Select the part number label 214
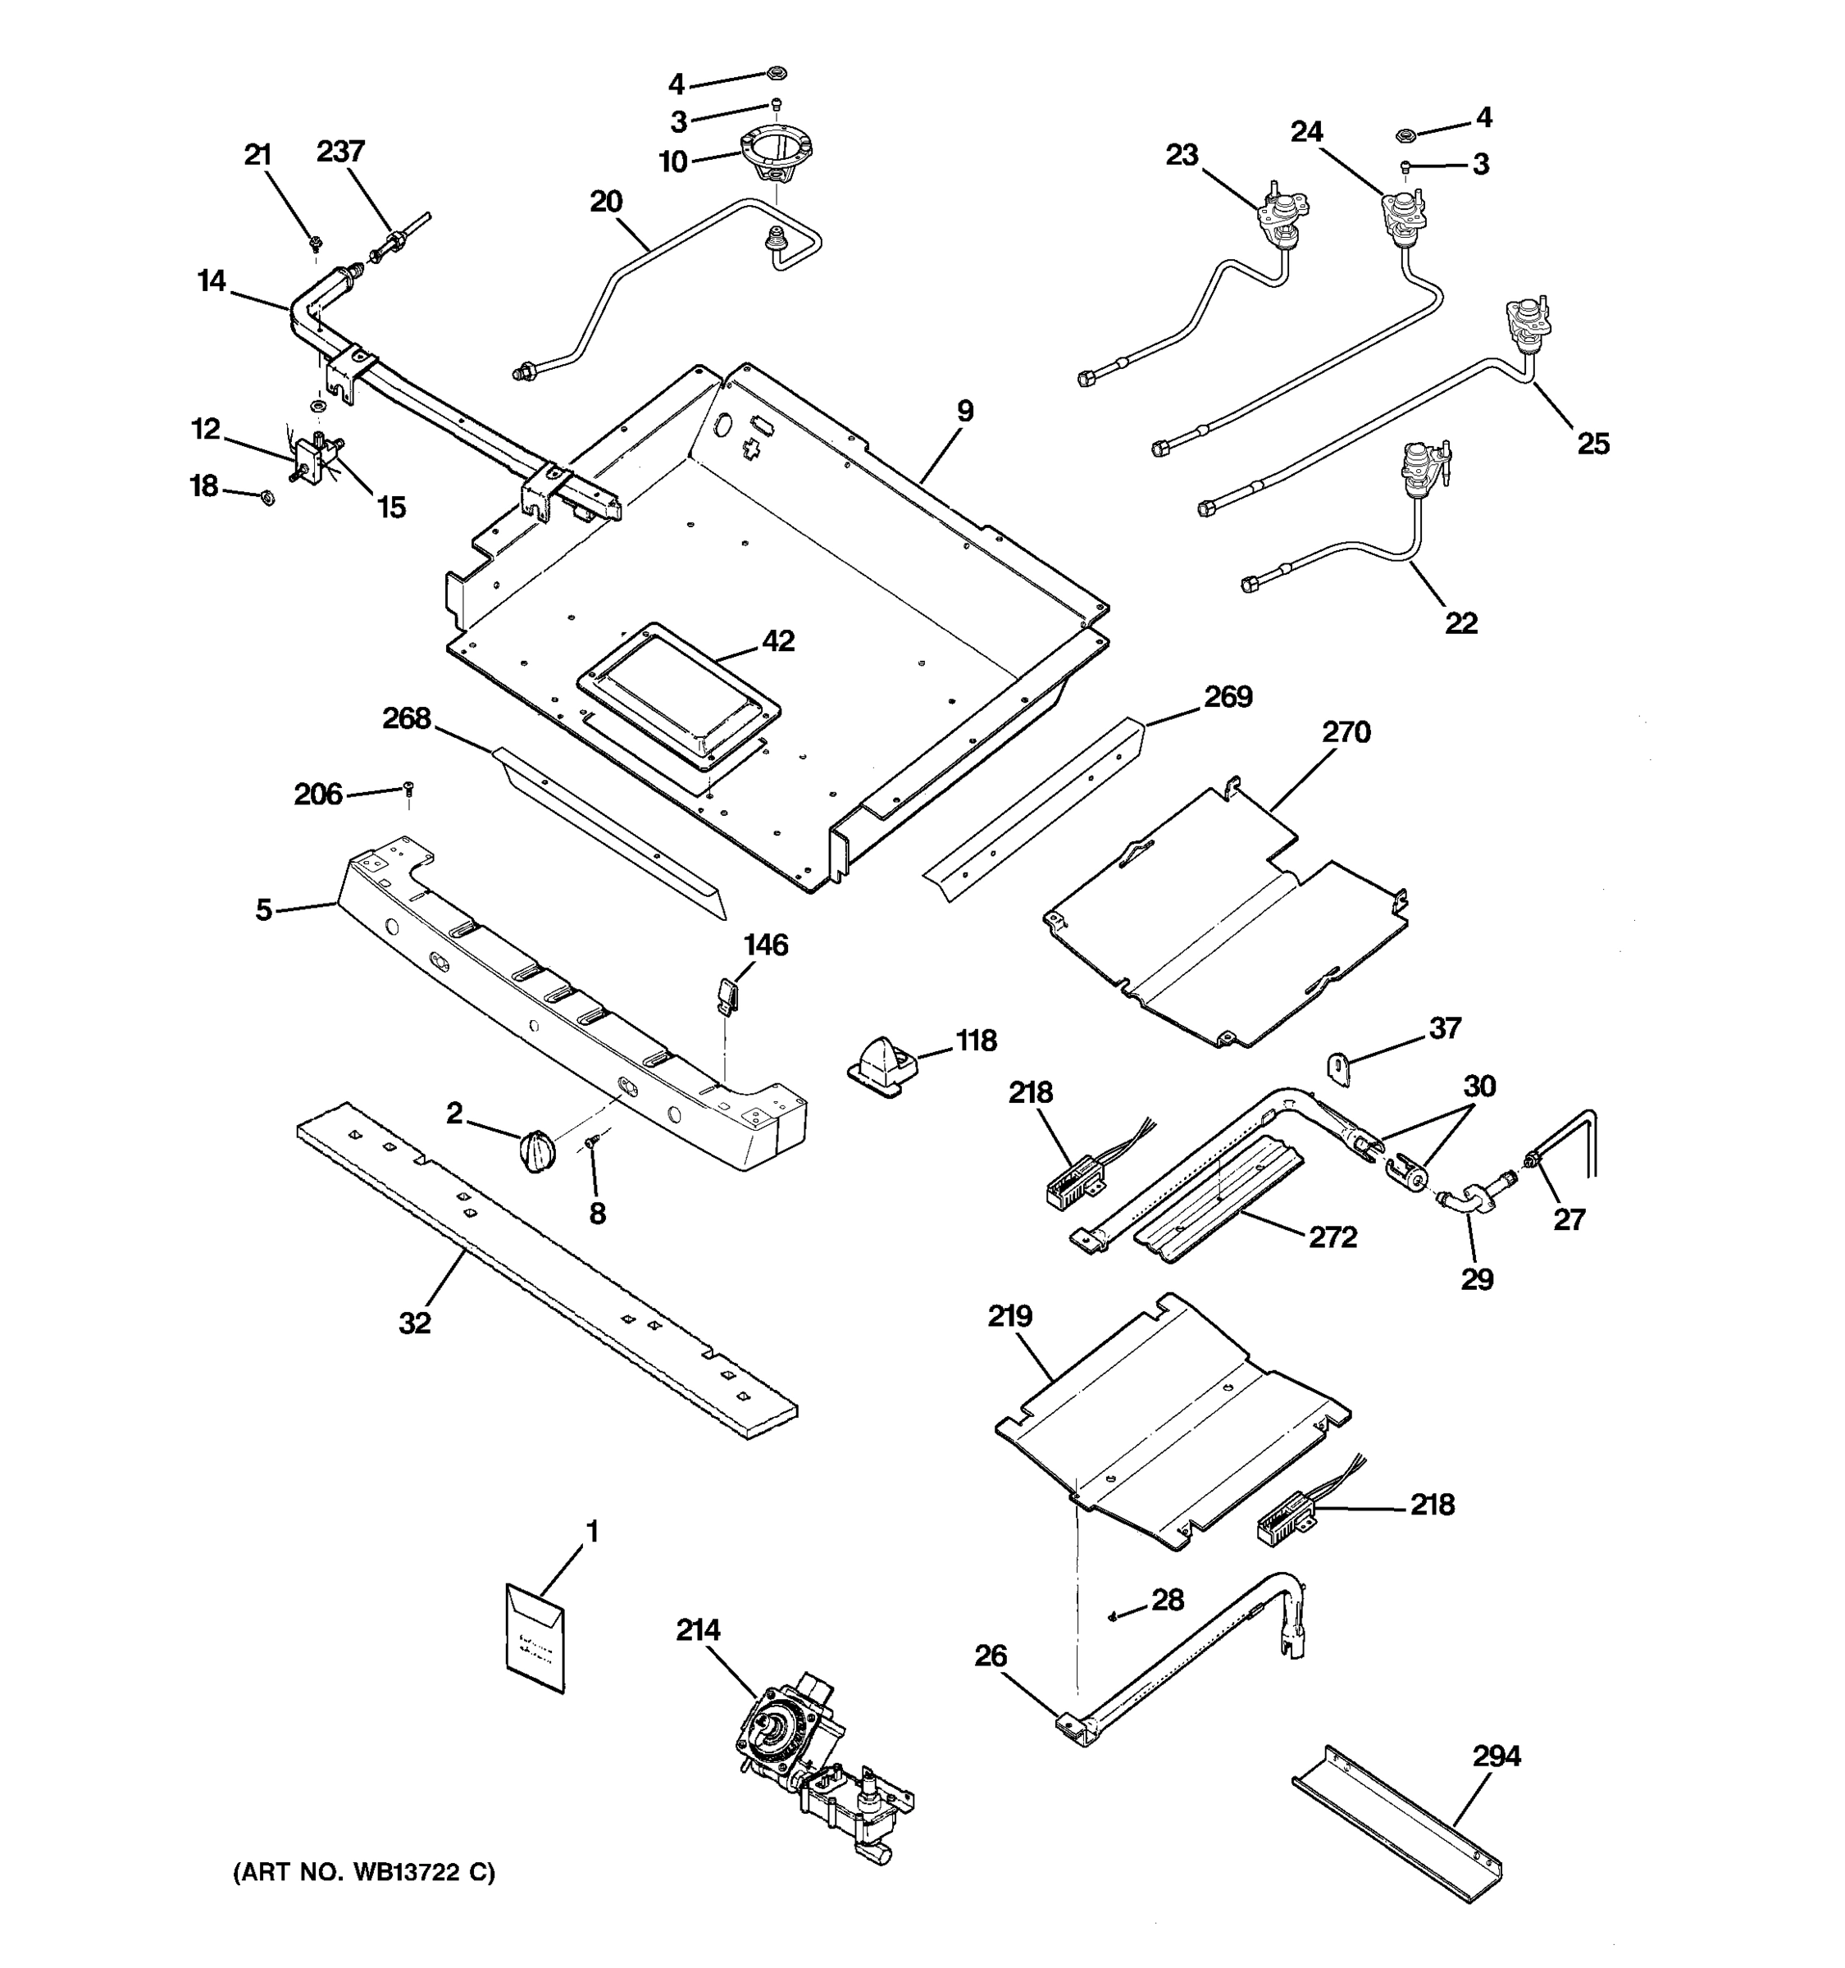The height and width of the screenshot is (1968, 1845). click(x=698, y=1629)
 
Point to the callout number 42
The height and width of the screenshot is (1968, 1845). click(x=778, y=640)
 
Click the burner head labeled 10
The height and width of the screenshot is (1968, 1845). click(x=778, y=158)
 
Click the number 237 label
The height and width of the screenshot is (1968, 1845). click(x=340, y=151)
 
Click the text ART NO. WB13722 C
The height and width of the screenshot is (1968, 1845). click(x=363, y=1872)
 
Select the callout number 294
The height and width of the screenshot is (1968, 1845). click(x=1496, y=1756)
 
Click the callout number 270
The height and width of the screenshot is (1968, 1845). click(x=1346, y=732)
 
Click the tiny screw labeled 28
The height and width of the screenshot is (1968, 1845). click(x=1114, y=1615)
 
